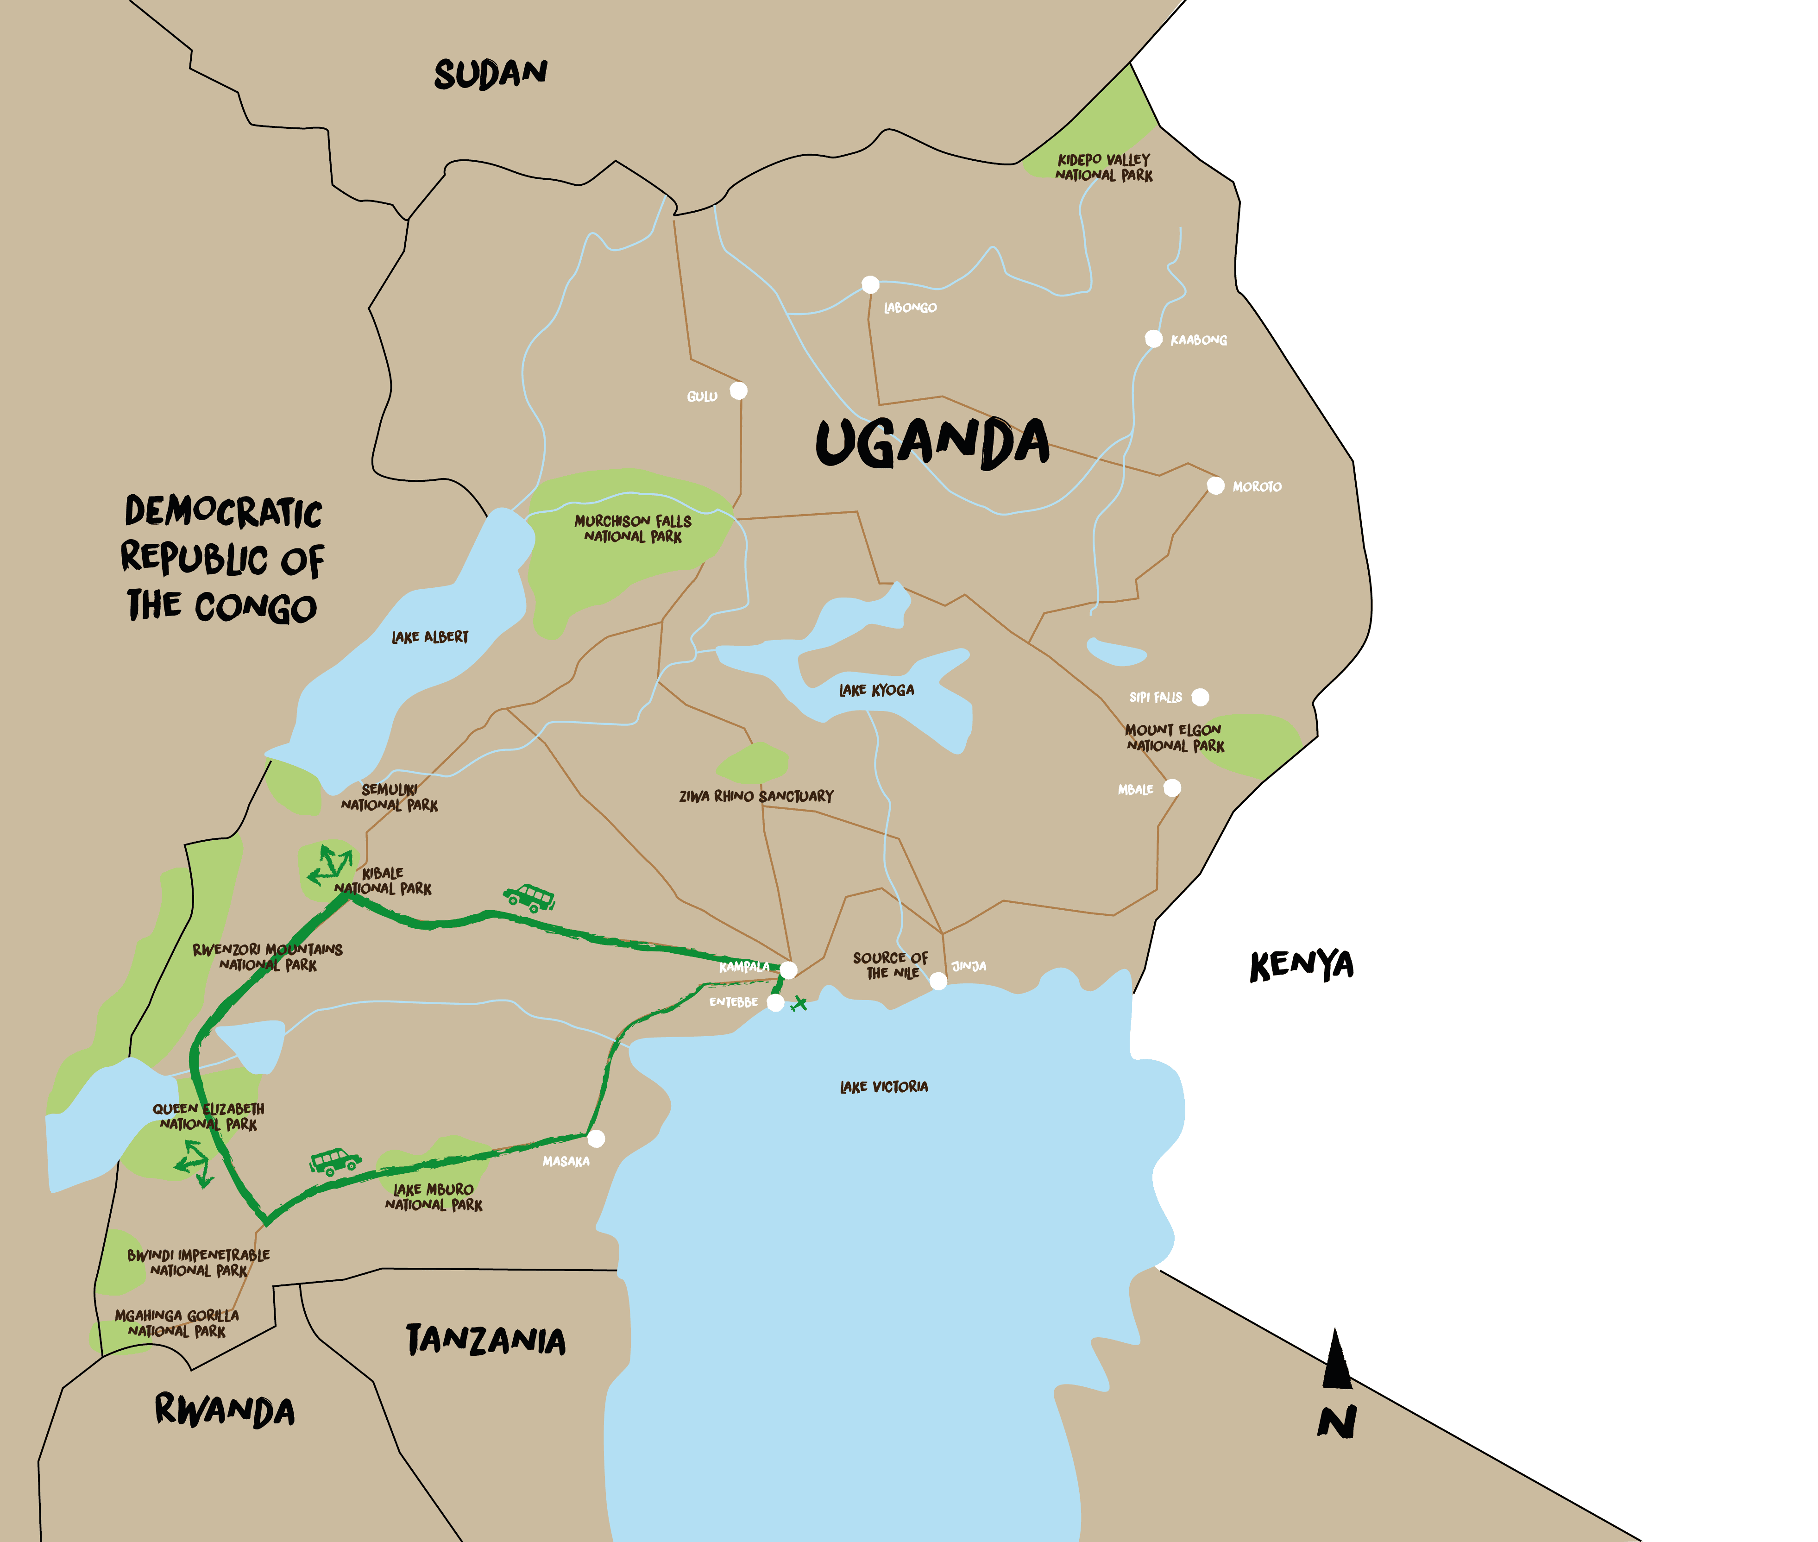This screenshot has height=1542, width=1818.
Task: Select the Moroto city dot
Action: click(1215, 485)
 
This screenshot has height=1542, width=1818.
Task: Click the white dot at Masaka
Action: click(596, 1138)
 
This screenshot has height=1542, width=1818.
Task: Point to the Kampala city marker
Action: click(788, 969)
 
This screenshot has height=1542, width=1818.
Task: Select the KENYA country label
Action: click(1302, 966)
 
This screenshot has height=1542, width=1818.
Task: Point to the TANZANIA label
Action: click(486, 1340)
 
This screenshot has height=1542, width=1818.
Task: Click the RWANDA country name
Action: click(225, 1411)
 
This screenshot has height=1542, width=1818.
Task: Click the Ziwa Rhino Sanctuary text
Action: click(756, 796)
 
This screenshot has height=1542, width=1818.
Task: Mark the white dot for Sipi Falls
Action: click(1200, 697)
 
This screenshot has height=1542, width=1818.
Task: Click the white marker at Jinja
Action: click(938, 981)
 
